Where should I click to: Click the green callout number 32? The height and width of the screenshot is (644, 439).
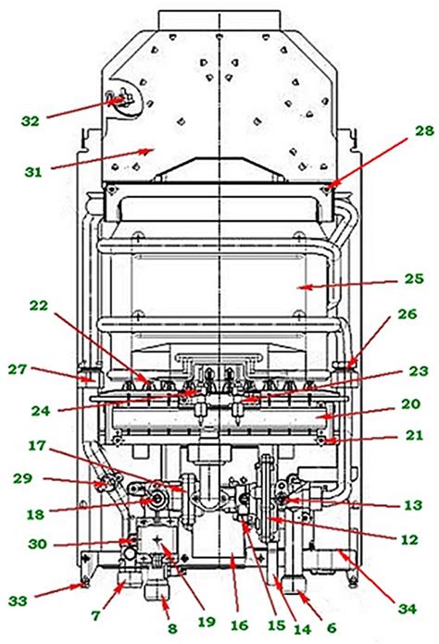pyautogui.click(x=31, y=121)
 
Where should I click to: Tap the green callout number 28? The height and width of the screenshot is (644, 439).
pyautogui.click(x=423, y=131)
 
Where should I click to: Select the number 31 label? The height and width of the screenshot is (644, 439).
pyautogui.click(x=33, y=172)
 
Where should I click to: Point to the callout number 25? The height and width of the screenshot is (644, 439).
pyautogui.click(x=413, y=279)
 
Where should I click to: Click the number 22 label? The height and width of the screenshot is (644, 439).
pyautogui.click(x=38, y=305)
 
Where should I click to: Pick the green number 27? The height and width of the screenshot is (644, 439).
pyautogui.click(x=18, y=369)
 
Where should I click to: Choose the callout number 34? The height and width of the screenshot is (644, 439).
pyautogui.click(x=407, y=608)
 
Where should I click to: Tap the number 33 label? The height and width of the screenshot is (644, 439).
pyautogui.click(x=18, y=601)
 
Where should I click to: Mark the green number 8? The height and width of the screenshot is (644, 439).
pyautogui.click(x=172, y=628)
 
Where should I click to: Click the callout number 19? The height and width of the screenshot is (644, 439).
pyautogui.click(x=207, y=622)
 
